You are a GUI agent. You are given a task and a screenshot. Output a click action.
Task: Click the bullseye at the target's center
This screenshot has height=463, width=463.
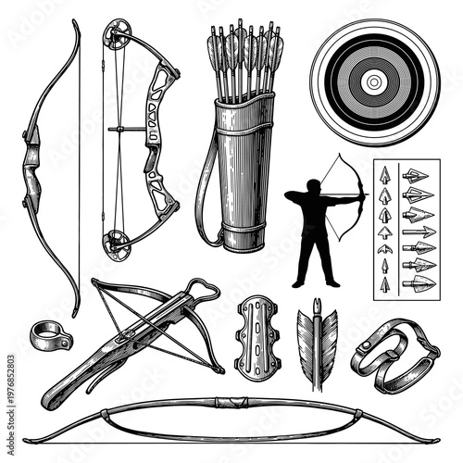pos(373,81)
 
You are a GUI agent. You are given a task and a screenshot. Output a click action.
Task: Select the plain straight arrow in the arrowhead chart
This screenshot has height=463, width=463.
pos(419,231)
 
